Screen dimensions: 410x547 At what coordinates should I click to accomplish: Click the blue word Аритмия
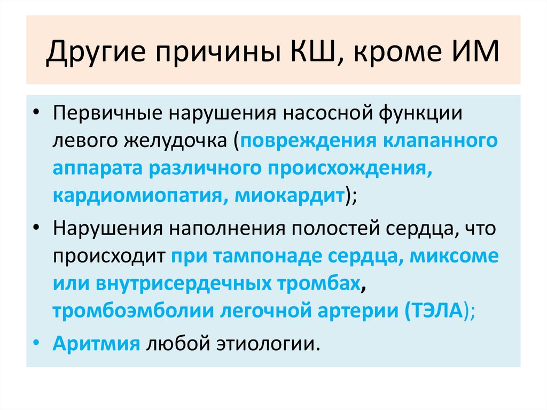point(96,343)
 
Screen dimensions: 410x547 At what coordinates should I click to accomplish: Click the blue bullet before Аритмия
point(35,343)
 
